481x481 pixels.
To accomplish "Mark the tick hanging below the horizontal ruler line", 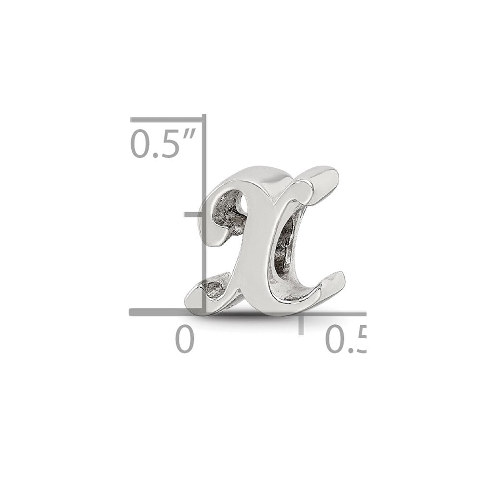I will pos(302,325).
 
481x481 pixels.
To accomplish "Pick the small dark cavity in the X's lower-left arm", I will pos(212,289).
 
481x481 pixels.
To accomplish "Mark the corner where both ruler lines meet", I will pos(204,313).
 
